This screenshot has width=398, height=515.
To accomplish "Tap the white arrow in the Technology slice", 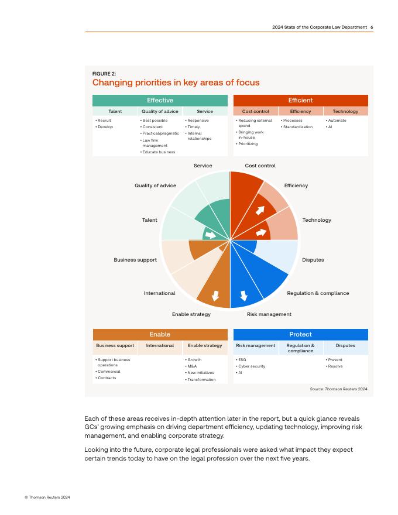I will click(261, 232).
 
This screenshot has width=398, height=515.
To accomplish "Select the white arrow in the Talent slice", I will click(210, 235).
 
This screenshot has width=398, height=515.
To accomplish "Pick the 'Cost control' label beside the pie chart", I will click(260, 166).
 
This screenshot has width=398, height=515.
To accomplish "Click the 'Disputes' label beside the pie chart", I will click(313, 260).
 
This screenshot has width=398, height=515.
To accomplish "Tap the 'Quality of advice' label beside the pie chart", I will click(155, 186).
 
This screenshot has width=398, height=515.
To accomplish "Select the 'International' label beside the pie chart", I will click(159, 293).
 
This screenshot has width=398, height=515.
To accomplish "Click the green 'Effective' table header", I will click(160, 100).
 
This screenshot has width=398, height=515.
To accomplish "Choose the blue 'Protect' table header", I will click(301, 334).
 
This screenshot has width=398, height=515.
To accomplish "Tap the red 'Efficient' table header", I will click(301, 100).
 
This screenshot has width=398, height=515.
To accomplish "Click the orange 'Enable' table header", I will click(160, 334).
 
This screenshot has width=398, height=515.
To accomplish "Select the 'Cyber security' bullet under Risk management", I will click(252, 366).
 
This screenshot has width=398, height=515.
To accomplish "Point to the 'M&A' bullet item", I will click(192, 366).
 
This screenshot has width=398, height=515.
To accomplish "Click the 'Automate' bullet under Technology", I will click(337, 121).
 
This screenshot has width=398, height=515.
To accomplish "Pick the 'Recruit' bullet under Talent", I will click(104, 121).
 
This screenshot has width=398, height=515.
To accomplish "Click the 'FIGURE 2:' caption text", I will click(104, 74).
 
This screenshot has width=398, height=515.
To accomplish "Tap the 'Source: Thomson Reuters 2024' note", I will click(338, 389).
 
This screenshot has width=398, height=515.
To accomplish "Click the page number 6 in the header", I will click(372, 27).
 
